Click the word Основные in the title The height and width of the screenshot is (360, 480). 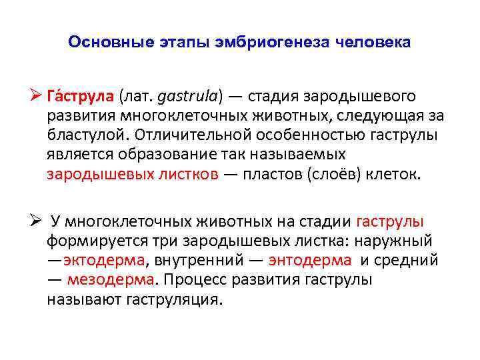pos(104,43)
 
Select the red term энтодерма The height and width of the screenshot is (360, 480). pos(309,260)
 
